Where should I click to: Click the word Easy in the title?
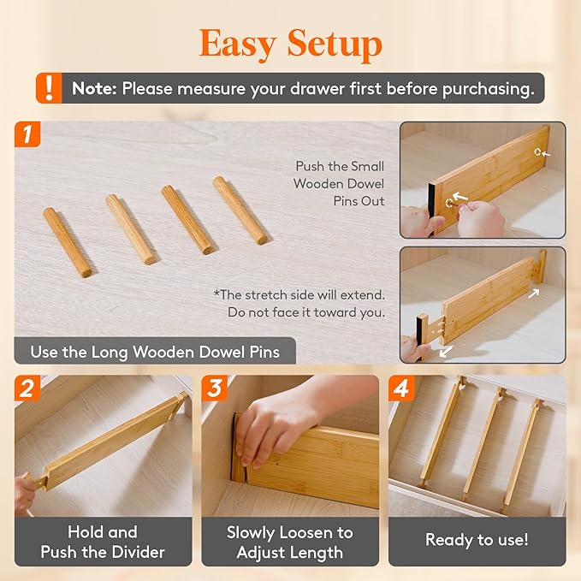pos(240,42)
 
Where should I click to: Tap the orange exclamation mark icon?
pos(49,88)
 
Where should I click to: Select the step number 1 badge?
pos(28,134)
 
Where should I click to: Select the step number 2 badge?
pos(28,388)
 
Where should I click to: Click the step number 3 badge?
pos(215,388)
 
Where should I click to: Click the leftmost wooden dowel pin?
pos(68,242)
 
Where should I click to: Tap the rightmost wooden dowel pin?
pos(240,210)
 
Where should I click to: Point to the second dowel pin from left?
pos(130,228)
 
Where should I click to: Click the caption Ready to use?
pos(477,540)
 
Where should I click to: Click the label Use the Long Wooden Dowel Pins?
pos(154,352)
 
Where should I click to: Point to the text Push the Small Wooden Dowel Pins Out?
pos(339,184)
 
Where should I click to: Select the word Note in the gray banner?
pos(93,88)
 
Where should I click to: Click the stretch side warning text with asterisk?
pos(299,303)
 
